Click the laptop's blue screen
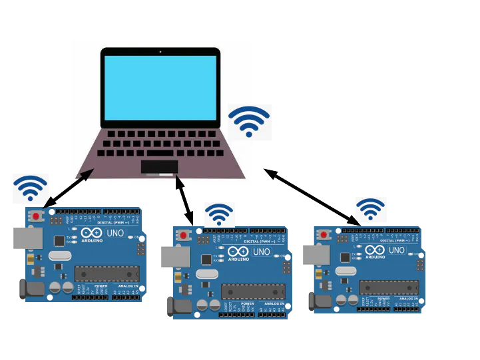pos(160,87)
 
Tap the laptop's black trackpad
pos(159,166)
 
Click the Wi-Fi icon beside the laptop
pos(249,121)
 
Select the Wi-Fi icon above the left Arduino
pos(31,188)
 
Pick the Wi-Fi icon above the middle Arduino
pos(218,214)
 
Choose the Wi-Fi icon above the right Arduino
pos(370,209)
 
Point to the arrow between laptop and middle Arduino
pos(185,200)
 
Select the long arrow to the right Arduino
pos(311,197)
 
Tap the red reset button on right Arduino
pos(324,235)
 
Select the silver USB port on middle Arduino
pos(175,257)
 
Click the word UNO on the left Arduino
pos(115,233)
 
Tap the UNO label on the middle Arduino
pos(262,252)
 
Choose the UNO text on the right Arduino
pos(397,250)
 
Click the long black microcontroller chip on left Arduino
pos(107,273)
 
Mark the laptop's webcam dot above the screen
pos(160,51)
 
